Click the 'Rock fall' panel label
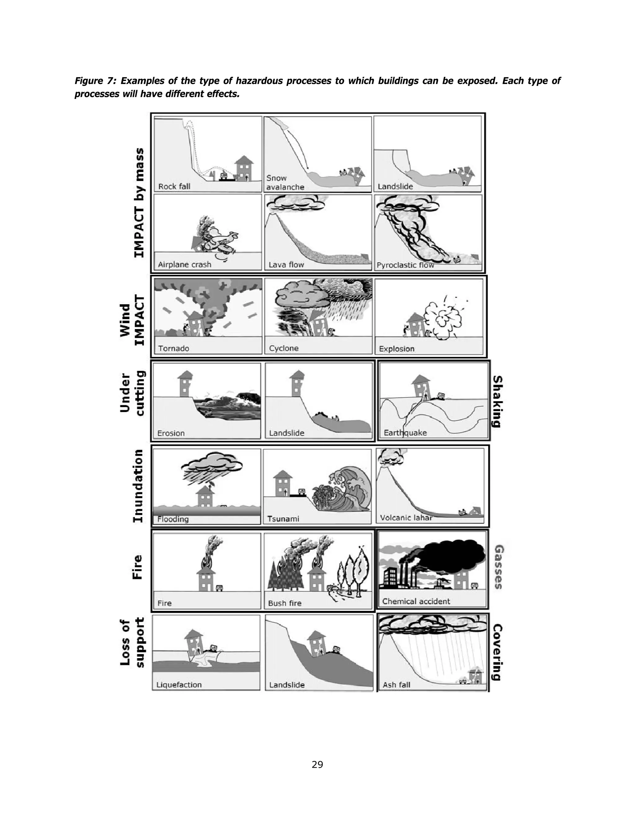click(174, 187)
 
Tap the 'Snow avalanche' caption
click(285, 182)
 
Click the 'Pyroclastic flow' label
click(405, 265)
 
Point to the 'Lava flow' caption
click(286, 265)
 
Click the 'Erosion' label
click(171, 433)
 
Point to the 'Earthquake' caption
click(405, 433)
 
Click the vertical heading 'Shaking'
click(497, 401)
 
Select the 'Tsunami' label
click(283, 519)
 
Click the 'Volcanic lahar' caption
click(406, 518)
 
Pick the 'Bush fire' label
click(284, 603)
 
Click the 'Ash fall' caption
click(396, 685)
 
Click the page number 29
click(317, 764)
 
